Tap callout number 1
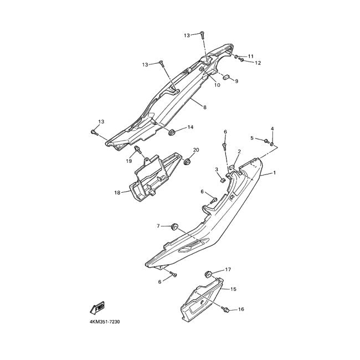pos(274,173)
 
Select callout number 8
pos(204,107)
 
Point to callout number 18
pos(117,193)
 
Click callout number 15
pos(233,289)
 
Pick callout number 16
pos(241,309)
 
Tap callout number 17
pos(228,270)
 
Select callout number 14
pos(190,127)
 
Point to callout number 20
pos(196,151)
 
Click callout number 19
pos(128,161)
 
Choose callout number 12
pos(258,63)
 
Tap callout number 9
pos(236,81)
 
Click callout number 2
pos(239,151)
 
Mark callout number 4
pos(272,129)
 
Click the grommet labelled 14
pos(172,132)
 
